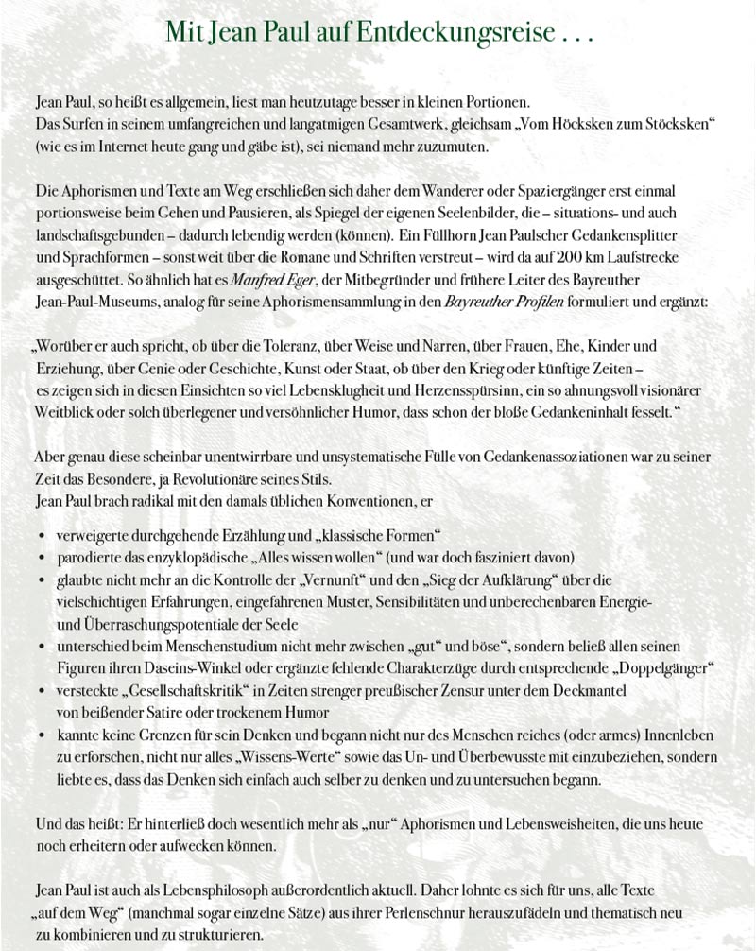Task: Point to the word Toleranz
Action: coord(299,346)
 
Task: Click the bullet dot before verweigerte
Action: coord(42,536)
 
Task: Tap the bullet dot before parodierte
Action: coord(42,558)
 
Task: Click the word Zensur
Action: coord(442,690)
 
